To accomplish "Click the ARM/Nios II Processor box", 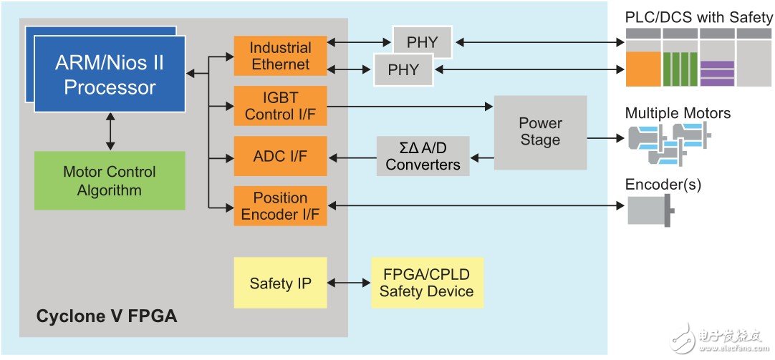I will (x=110, y=75).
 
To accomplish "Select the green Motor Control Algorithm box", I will (x=110, y=180).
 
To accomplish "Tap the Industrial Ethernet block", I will (x=280, y=56).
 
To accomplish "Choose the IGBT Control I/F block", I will (x=280, y=106).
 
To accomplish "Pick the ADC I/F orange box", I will (x=280, y=155).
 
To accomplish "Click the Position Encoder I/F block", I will (x=280, y=206).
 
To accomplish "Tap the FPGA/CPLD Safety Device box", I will (x=426, y=283).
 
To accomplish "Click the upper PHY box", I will (x=422, y=42).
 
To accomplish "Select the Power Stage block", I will (x=540, y=132).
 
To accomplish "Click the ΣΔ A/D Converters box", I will (x=423, y=156).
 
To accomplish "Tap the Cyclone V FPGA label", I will (x=107, y=315).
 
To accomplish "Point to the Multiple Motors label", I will (x=678, y=113).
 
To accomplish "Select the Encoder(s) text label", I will (x=663, y=185).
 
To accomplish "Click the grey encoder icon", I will (x=649, y=211).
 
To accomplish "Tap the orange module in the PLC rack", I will (x=643, y=69).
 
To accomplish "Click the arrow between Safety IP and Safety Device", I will (x=349, y=283).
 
